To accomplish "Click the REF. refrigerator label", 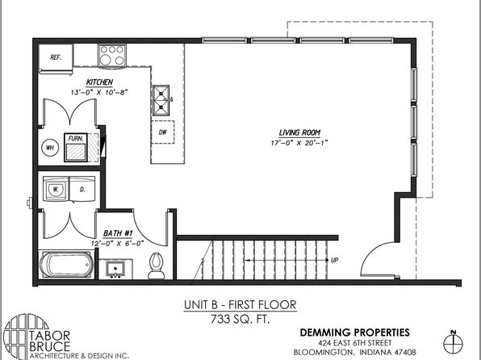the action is pyautogui.click(x=56, y=57).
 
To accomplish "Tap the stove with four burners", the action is pyautogui.click(x=112, y=56).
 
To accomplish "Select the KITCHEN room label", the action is pyautogui.click(x=99, y=82).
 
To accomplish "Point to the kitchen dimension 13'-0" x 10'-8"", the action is pyautogui.click(x=99, y=92).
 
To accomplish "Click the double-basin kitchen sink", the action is pyautogui.click(x=161, y=100).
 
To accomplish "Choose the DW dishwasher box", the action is pyautogui.click(x=162, y=132).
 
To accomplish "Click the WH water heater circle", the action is pyautogui.click(x=50, y=148).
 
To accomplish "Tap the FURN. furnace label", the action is pyautogui.click(x=76, y=139).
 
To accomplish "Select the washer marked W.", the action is pyautogui.click(x=56, y=189).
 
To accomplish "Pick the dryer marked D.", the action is pyautogui.click(x=82, y=189).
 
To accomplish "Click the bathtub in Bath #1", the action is pyautogui.click(x=66, y=264).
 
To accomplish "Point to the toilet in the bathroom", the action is pyautogui.click(x=157, y=266).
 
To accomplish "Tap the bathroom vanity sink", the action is pyautogui.click(x=115, y=269).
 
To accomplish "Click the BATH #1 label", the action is pyautogui.click(x=118, y=233).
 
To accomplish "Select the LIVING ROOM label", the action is pyautogui.click(x=299, y=132).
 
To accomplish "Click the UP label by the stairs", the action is pyautogui.click(x=334, y=260).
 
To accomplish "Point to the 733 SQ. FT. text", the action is pyautogui.click(x=240, y=319).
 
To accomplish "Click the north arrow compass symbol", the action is pyautogui.click(x=453, y=342).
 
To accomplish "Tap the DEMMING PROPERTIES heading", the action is pyautogui.click(x=354, y=333).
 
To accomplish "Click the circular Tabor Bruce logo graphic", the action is pyautogui.click(x=26, y=337).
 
